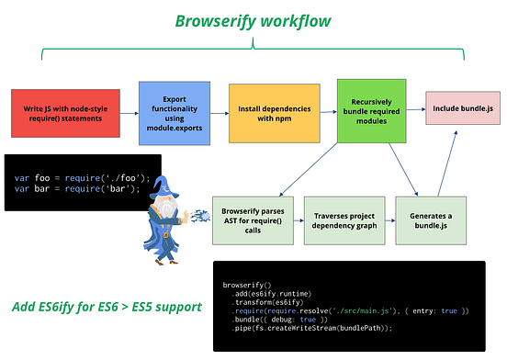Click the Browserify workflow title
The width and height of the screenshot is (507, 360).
(x=253, y=21)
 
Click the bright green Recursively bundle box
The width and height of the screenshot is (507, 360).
(x=371, y=112)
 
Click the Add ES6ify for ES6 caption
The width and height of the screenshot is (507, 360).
(x=108, y=307)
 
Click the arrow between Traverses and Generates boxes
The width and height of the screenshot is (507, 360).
(x=386, y=218)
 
